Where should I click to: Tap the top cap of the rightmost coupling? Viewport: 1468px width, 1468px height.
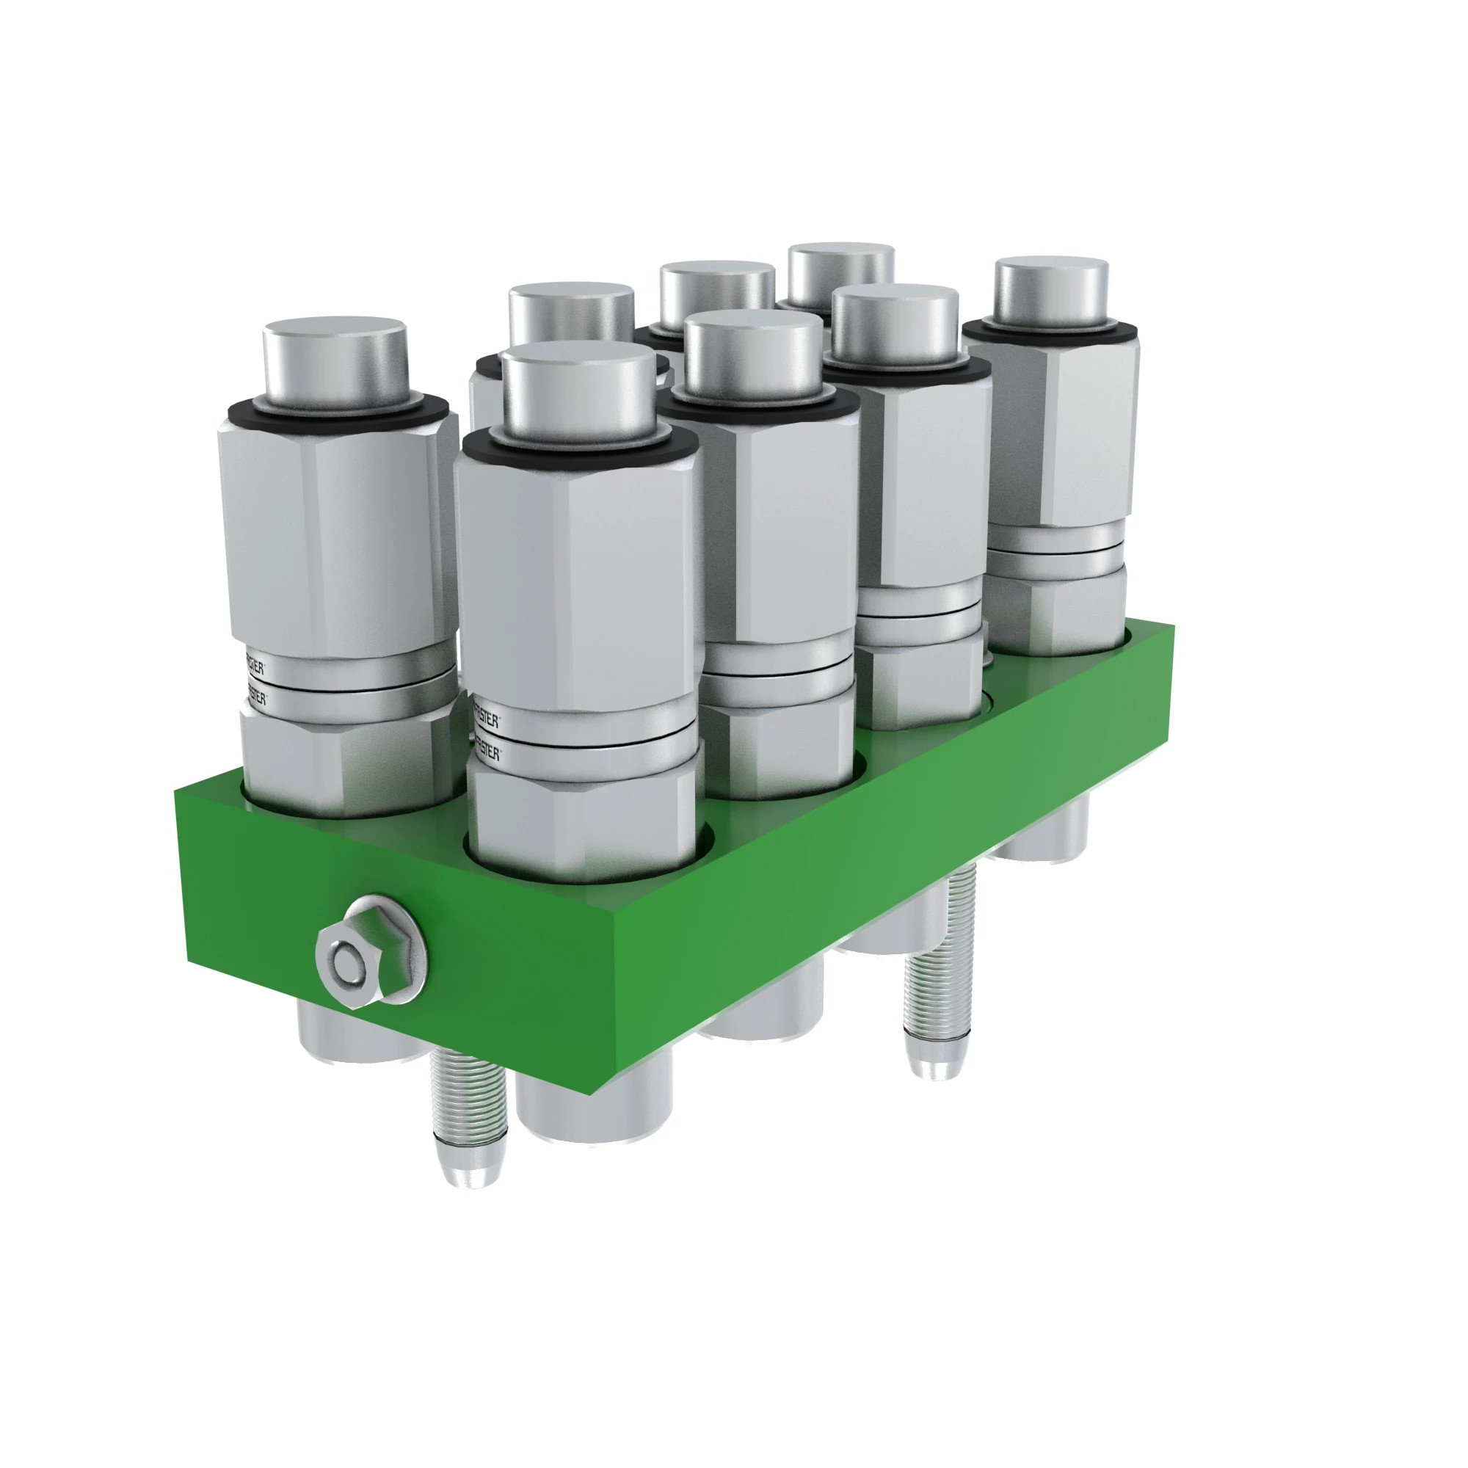pyautogui.click(x=1053, y=288)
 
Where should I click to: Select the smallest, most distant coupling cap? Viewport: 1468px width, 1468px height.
pyautogui.click(x=841, y=269)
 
